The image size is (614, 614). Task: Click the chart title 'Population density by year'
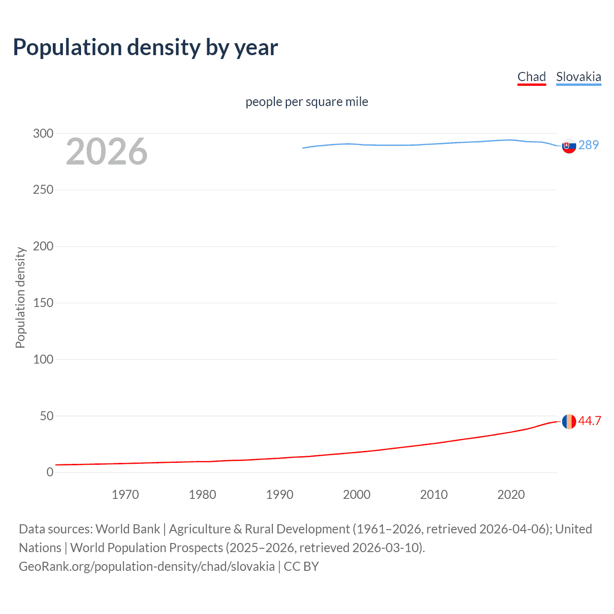tap(145, 47)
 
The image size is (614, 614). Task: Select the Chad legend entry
tap(531, 77)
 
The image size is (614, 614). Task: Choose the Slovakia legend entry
tap(579, 77)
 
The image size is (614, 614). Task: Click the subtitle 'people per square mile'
tap(307, 102)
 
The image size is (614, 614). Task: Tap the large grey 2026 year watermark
tap(106, 152)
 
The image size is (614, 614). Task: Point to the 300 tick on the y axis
tap(43, 133)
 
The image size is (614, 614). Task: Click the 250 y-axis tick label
tap(43, 189)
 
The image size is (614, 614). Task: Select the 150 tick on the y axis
tap(43, 303)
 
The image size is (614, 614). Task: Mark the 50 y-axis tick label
tap(47, 416)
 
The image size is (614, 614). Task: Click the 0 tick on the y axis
tap(50, 472)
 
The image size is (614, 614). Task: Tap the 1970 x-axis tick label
tap(125, 495)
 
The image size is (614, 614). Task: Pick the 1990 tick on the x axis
tap(280, 495)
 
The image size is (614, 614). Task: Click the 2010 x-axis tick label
tap(434, 495)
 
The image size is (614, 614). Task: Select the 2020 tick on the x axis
tap(511, 495)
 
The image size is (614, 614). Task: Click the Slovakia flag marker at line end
tap(569, 146)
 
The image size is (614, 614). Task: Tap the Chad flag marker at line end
tap(569, 422)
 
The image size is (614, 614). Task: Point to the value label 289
tap(589, 145)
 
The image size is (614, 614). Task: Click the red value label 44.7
tap(590, 421)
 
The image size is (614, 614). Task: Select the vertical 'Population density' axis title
tap(20, 297)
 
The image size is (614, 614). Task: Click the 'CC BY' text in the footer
tap(301, 567)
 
